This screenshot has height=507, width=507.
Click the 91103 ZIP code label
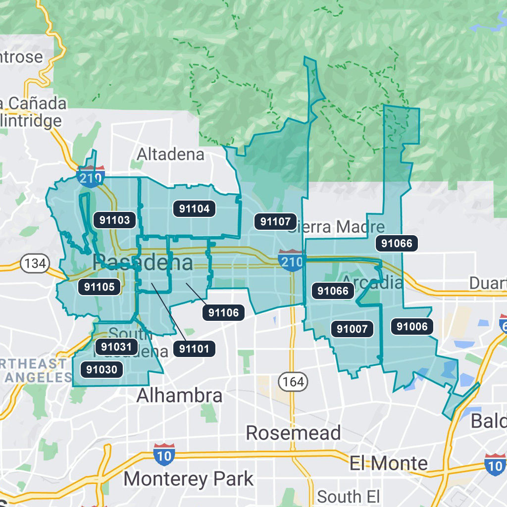[x=114, y=220]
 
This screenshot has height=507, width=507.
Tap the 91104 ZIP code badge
[x=195, y=209]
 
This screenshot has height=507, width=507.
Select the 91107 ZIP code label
[x=276, y=221]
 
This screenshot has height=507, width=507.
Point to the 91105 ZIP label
[x=100, y=287]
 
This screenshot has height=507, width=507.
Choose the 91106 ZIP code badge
[x=223, y=312]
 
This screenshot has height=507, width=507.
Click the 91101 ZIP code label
[x=194, y=349]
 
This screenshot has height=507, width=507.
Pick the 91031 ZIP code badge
[x=116, y=347]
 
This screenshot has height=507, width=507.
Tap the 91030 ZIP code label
[x=101, y=369]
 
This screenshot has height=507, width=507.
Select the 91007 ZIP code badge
[x=352, y=329]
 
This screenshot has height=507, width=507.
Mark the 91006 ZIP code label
[x=412, y=326]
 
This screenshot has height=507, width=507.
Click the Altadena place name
[x=170, y=154]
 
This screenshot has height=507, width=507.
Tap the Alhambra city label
[x=179, y=396]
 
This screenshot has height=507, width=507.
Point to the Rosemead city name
[x=293, y=433]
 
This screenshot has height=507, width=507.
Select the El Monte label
[x=389, y=463]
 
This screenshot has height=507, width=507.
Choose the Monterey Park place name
[x=189, y=479]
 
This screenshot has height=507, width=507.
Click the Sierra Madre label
[x=337, y=227]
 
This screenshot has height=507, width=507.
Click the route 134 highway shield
[x=34, y=263]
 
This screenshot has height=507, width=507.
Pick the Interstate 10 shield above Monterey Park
[x=163, y=454]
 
